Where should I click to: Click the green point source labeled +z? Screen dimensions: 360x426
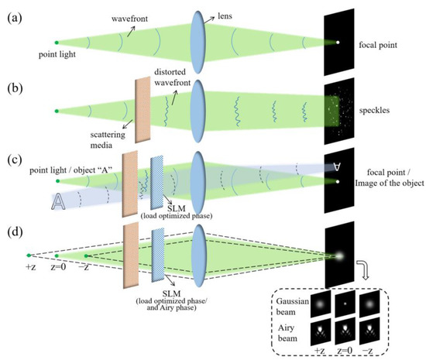pos(28,255)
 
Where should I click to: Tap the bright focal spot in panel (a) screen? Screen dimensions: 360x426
pos(336,42)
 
